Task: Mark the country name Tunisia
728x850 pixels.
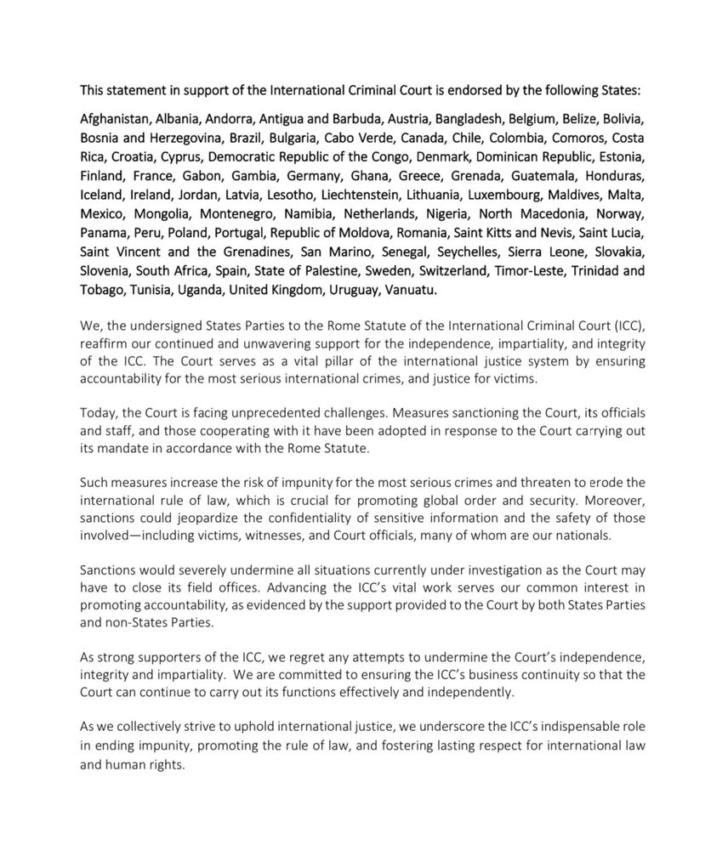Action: tap(153, 290)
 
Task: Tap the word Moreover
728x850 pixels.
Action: tap(610, 501)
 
